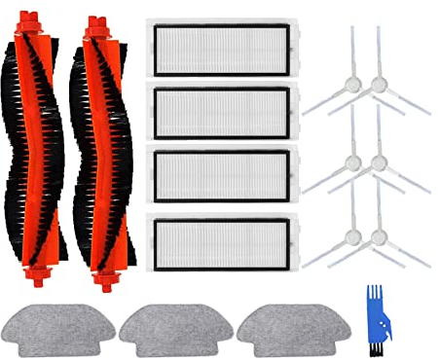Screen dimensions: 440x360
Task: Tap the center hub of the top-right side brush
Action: [x=379, y=86]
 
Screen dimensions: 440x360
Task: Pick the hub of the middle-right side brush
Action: [x=379, y=161]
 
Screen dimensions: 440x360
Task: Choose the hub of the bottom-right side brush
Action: [x=379, y=236]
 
